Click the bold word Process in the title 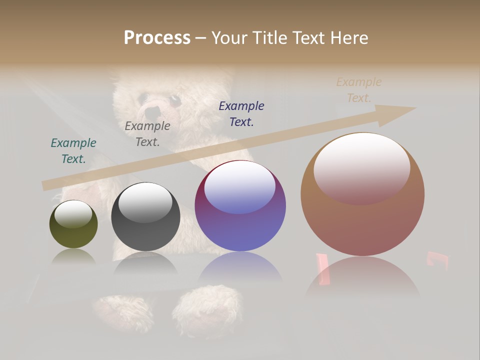coord(157,38)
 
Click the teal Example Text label coord(73,151)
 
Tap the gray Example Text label coord(147,134)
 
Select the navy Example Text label coord(241,113)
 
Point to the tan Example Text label coord(359,90)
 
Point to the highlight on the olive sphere coord(73,214)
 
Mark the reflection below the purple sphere coord(240,270)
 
